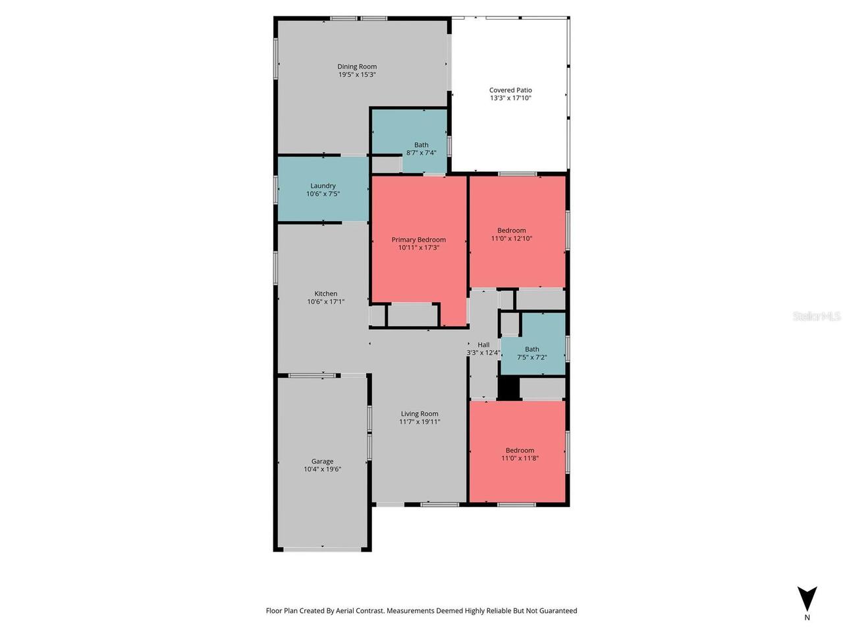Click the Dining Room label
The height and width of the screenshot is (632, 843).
[x=357, y=66]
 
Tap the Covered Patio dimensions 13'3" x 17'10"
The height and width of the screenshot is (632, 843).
[x=510, y=98]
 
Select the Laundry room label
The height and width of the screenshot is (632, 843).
[x=323, y=186]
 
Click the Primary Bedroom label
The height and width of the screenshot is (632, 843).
[x=418, y=240]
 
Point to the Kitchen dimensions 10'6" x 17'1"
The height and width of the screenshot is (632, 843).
[x=325, y=302]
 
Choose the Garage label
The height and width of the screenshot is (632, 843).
[x=322, y=461]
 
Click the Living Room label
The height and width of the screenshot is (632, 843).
[x=420, y=414]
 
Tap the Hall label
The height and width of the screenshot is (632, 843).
[x=483, y=344]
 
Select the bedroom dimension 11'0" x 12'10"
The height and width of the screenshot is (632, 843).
[x=511, y=239]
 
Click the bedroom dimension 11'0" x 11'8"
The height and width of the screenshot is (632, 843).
[x=520, y=458]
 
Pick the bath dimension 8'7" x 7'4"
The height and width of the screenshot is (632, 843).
[x=421, y=153]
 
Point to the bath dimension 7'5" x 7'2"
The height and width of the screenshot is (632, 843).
[x=531, y=357]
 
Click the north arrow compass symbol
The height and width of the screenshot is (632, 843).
[x=807, y=598]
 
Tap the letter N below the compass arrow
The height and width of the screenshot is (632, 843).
[x=807, y=618]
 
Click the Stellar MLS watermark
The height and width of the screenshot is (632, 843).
[x=817, y=317]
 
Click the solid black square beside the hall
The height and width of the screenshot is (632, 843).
[x=508, y=388]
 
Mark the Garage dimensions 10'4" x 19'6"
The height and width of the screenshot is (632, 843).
[x=322, y=469]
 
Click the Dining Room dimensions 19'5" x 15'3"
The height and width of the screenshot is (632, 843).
[x=357, y=74]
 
